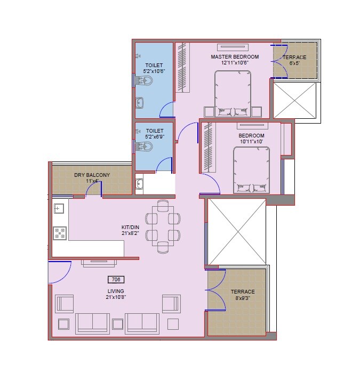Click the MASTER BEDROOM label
point(235,56)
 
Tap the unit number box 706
point(115,279)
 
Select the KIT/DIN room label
point(130,226)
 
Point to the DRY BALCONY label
point(92,175)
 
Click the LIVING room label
point(115,291)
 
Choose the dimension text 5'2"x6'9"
point(155,137)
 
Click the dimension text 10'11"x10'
point(251,142)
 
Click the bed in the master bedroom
point(233,93)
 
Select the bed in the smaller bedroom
point(251,169)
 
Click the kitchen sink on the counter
point(59,208)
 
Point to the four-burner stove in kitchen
point(59,233)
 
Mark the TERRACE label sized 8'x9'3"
point(242,292)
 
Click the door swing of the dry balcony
point(94,188)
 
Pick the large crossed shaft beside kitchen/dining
point(236,231)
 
